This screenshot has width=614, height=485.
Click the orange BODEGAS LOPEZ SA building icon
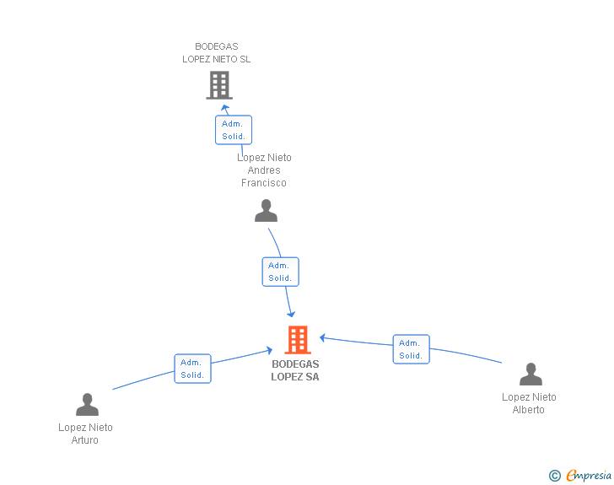click(298, 340)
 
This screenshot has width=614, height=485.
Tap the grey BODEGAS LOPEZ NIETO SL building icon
click(219, 85)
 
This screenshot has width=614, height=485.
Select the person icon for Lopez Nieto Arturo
click(87, 405)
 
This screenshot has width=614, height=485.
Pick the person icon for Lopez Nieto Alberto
click(531, 375)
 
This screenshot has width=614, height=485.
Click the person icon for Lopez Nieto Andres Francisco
click(266, 211)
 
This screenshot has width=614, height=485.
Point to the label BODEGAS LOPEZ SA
click(295, 370)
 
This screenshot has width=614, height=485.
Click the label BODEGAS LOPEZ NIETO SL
click(217, 53)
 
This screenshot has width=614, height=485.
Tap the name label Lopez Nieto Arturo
click(85, 434)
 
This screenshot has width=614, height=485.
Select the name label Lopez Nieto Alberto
click(529, 403)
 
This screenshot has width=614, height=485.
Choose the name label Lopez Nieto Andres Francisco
click(264, 170)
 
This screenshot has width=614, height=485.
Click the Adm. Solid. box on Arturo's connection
click(192, 369)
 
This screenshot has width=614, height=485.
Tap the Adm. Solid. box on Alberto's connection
click(411, 349)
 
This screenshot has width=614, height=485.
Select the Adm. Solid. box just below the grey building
click(233, 130)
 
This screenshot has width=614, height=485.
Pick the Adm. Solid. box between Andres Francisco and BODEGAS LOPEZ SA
click(280, 272)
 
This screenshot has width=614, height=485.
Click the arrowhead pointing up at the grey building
click(224, 108)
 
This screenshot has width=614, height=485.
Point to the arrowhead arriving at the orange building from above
click(291, 313)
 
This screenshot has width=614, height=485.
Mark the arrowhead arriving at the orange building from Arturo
click(269, 350)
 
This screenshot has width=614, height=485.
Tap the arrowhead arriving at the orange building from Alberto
click(321, 338)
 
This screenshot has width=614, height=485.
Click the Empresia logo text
click(589, 475)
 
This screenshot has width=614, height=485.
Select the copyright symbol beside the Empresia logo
click(554, 476)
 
